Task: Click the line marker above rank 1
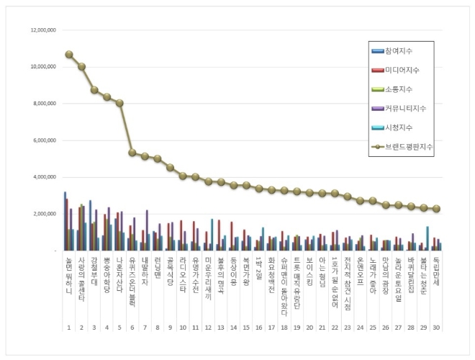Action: click(69, 54)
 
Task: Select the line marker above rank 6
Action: click(132, 153)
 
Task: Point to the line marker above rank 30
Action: click(437, 209)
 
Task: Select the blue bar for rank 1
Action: click(65, 221)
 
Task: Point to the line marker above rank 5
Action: click(119, 103)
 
